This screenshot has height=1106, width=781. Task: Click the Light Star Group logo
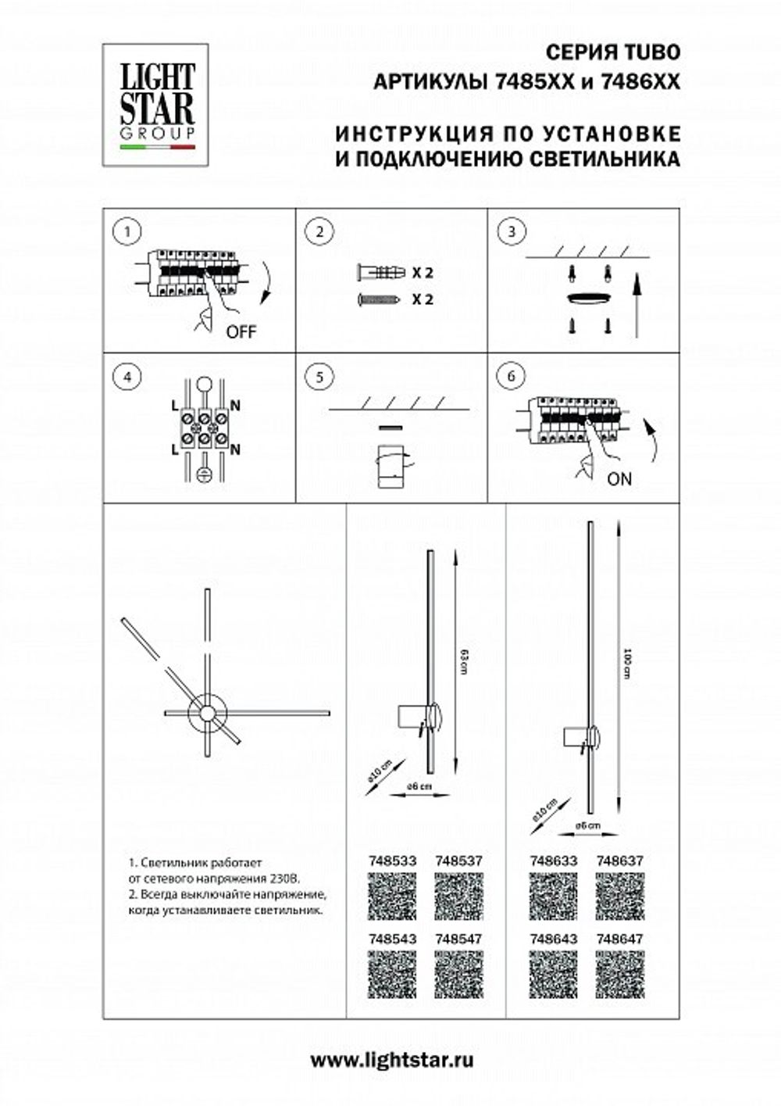click(156, 105)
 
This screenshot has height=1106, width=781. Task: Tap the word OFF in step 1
click(241, 331)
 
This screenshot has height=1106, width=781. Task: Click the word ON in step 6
click(619, 478)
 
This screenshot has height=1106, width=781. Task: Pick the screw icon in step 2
click(379, 299)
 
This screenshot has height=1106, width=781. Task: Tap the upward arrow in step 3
click(637, 305)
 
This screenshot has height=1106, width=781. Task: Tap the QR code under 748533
click(391, 896)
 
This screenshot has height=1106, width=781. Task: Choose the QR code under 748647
click(619, 974)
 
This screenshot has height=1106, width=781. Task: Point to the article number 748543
click(391, 939)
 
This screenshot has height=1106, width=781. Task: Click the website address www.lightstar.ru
click(392, 1060)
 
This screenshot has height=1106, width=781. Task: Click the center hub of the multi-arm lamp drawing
click(208, 712)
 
